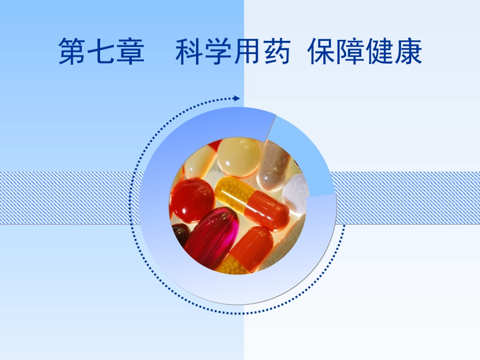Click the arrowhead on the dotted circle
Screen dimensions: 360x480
click(x=237, y=98)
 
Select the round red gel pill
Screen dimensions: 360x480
click(x=191, y=199)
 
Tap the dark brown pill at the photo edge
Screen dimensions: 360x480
click(x=180, y=235)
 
